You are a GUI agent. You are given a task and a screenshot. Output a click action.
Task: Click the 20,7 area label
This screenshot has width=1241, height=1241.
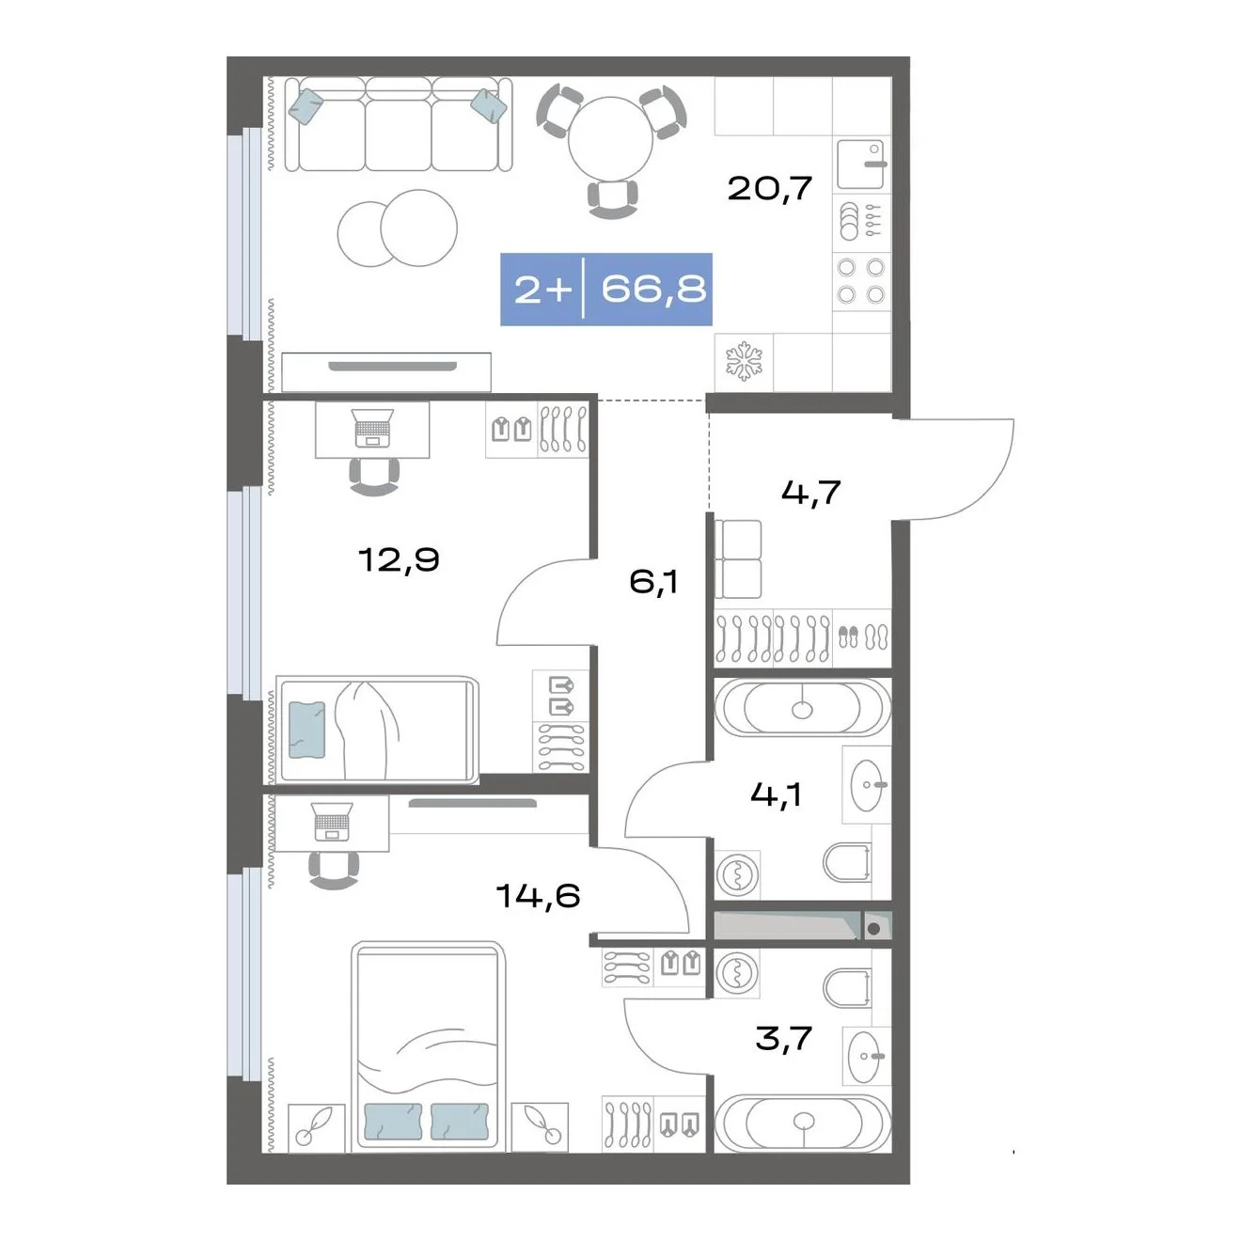pos(770,189)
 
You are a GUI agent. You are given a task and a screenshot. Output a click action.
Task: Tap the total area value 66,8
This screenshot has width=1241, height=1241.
pos(653,289)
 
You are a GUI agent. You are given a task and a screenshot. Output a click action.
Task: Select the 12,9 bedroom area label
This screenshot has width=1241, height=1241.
pos(400,559)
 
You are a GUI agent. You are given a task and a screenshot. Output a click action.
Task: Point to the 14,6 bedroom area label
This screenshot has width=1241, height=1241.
pos(539,895)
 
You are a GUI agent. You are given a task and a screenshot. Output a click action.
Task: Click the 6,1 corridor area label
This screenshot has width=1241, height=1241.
pos(653,582)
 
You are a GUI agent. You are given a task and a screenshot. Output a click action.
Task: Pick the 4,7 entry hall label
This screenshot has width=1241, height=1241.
pos(811,493)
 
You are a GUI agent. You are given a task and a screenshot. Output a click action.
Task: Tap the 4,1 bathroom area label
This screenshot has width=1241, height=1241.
pos(776,794)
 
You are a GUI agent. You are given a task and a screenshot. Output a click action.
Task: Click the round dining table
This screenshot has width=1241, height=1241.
pos(610,139)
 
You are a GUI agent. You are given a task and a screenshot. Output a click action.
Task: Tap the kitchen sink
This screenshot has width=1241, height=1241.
pos(860,165)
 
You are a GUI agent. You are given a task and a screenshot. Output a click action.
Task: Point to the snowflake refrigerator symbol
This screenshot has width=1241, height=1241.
pos(744,362)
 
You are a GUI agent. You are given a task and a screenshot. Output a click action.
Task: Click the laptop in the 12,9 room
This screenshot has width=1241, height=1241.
pos(372,428)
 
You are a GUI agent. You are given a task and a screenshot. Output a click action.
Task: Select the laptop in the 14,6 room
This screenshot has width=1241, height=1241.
pos(332,821)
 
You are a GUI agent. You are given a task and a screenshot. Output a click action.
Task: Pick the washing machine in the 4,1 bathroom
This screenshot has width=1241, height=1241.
pos(737,874)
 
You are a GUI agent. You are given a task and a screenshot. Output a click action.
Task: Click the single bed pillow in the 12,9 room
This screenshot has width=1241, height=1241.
pos(306,730)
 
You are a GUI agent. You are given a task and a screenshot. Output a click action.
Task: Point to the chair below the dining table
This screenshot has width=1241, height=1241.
pos(612,199)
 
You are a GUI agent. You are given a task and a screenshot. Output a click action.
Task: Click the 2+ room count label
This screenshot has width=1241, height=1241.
pos(542,290)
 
